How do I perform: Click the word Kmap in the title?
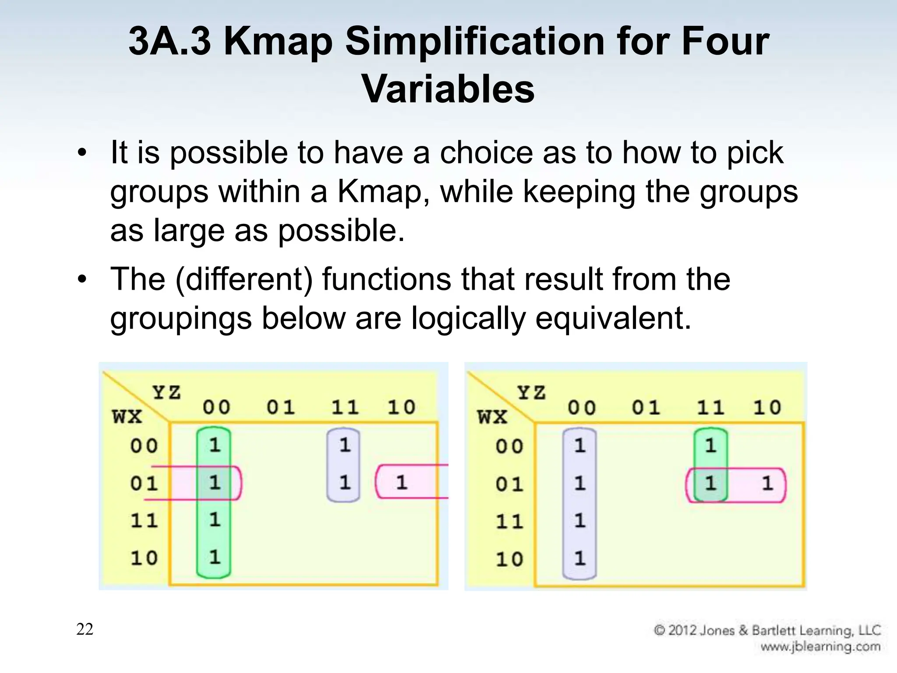click(x=278, y=42)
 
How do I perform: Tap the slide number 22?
click(x=85, y=629)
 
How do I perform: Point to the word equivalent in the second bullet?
click(x=613, y=318)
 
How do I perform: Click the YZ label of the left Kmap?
click(x=166, y=392)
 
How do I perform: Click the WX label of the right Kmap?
click(x=492, y=417)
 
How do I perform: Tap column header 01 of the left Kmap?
click(x=280, y=407)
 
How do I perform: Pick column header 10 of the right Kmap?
click(x=767, y=408)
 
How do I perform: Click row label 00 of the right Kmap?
click(x=509, y=446)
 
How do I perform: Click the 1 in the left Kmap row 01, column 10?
click(x=402, y=482)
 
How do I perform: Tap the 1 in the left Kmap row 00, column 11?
click(x=345, y=445)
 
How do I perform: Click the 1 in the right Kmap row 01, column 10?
click(x=767, y=483)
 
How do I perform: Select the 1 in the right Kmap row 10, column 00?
click(x=579, y=558)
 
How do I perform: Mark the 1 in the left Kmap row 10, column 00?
click(x=214, y=557)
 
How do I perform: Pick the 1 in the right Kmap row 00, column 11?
click(x=710, y=446)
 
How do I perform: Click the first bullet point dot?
click(x=82, y=153)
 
